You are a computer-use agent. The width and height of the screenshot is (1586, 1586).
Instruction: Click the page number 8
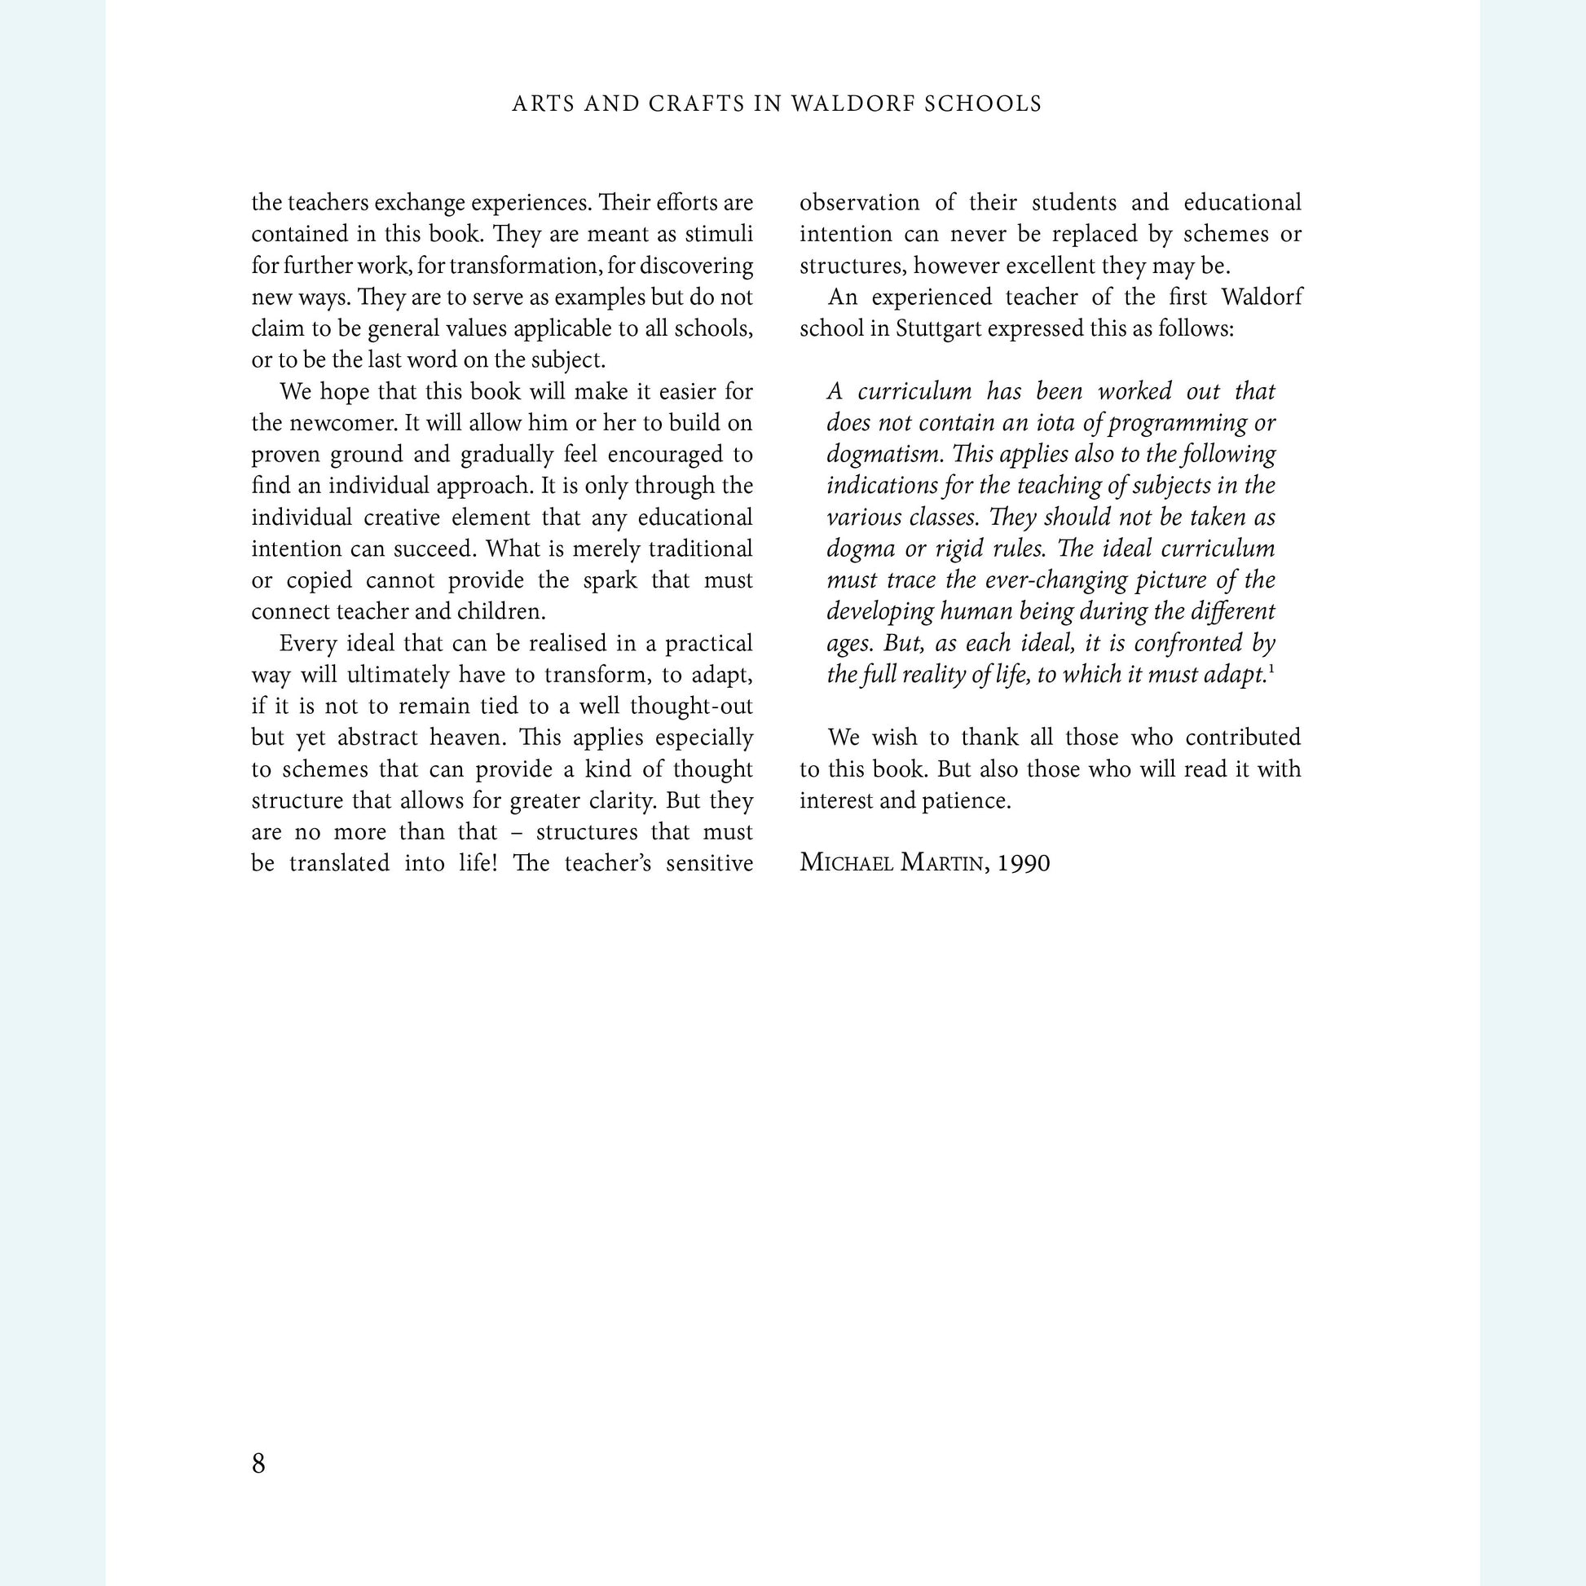coord(258,1462)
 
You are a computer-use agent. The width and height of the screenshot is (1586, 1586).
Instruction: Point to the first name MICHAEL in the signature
coord(846,863)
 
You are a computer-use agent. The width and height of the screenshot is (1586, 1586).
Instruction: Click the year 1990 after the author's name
coord(1024,863)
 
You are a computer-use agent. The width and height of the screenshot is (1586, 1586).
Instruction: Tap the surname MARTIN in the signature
coord(944,863)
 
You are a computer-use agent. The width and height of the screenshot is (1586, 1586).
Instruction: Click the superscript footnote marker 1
coord(1271,669)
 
